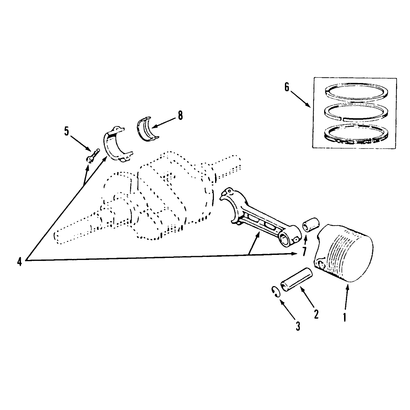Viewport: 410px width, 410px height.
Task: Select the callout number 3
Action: (x=298, y=326)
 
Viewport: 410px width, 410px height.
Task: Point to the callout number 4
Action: (x=20, y=261)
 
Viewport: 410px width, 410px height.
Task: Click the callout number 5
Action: (x=67, y=132)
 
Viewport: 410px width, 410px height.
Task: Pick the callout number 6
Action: (x=287, y=87)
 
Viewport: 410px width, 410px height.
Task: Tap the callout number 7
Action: (x=305, y=251)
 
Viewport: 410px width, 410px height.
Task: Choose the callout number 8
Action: (x=180, y=116)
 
